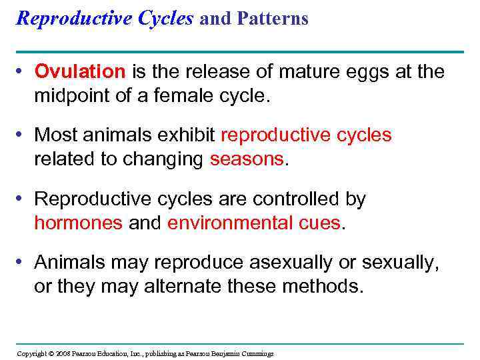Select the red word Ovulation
click(x=80, y=72)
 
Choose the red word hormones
click(x=78, y=223)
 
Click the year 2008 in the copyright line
click(x=63, y=353)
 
